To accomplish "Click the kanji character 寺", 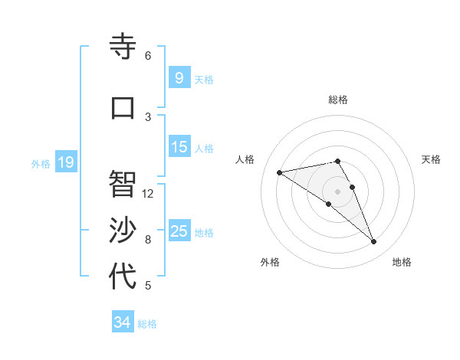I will tap(123, 47).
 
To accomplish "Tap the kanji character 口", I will tap(123, 107).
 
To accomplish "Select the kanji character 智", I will tap(123, 184).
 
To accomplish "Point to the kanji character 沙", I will tap(123, 231).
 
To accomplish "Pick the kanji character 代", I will tap(123, 277).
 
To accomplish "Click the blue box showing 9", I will tap(179, 78).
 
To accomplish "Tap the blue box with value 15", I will tap(179, 147).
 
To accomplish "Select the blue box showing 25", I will tap(179, 231).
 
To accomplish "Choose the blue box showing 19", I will tap(65, 162).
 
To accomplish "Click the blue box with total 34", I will tap(122, 322).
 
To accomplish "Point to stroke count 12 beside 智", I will tap(148, 193).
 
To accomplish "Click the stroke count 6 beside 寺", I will tap(148, 55).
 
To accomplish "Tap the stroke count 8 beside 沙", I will tap(148, 240).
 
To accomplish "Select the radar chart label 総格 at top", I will tap(337, 100).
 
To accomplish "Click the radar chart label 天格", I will tap(431, 159).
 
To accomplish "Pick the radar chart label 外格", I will tap(270, 262).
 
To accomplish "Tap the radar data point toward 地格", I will tap(374, 242).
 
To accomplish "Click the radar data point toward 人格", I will tap(280, 172).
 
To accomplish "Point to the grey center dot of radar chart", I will tap(337, 191).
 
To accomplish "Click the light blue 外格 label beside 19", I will tap(40, 163).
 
